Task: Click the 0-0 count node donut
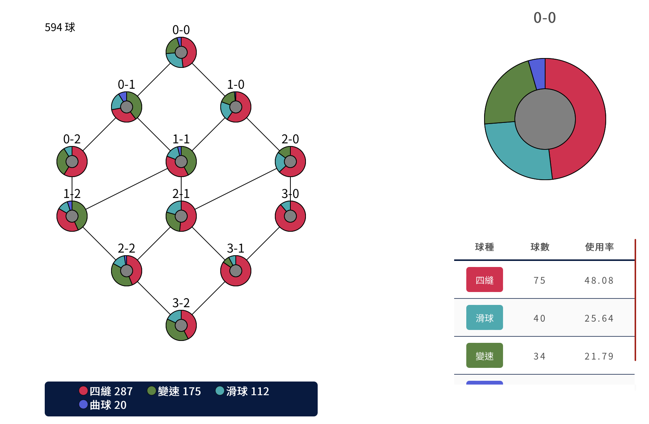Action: pos(181,52)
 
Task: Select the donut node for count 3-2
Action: pos(181,325)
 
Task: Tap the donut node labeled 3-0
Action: pos(290,216)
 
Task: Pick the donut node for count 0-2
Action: pos(72,162)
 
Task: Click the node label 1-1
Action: pos(181,139)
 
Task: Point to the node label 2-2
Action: pos(127,248)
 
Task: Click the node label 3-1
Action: pos(236,248)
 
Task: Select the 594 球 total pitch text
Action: pos(60,27)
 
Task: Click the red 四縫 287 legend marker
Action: pos(83,391)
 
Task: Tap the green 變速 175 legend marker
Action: pos(152,391)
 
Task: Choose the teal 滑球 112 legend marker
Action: pos(220,391)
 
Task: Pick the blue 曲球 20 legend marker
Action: pos(83,405)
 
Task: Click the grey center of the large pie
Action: pos(545,119)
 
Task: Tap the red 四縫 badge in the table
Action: pos(484,280)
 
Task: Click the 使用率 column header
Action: pos(599,247)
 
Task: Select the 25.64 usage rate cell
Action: pos(599,318)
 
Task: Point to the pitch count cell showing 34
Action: pos(539,356)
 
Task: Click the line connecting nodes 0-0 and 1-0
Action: pos(208,80)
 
